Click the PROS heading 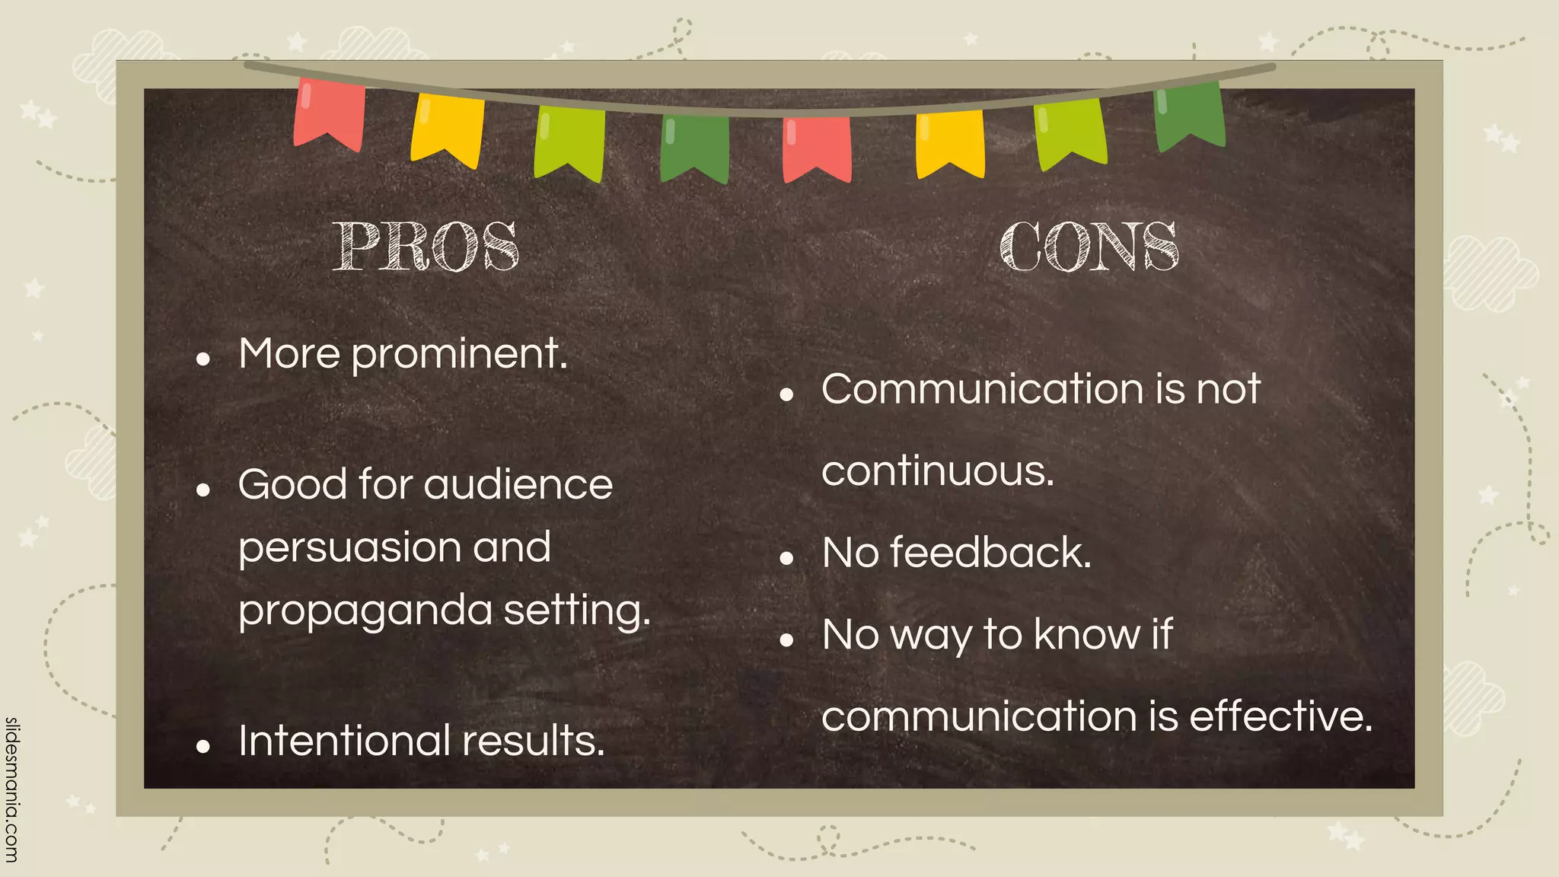pos(426,247)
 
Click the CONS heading pos(1089,247)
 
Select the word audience pos(518,485)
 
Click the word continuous pos(938,471)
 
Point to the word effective pos(1280,716)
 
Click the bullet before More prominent pos(202,359)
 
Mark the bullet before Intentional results pos(202,747)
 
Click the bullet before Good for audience pos(202,490)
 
